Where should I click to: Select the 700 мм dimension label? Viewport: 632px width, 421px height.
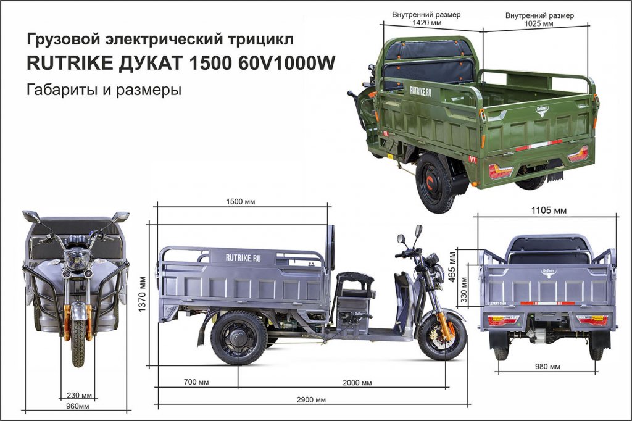(x=196, y=383)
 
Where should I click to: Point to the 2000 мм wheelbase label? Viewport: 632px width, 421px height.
(x=357, y=383)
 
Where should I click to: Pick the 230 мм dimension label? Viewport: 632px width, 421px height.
(x=80, y=396)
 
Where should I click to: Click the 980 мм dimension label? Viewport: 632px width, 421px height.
(x=547, y=367)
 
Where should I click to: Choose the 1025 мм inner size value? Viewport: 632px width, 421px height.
(x=539, y=23)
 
